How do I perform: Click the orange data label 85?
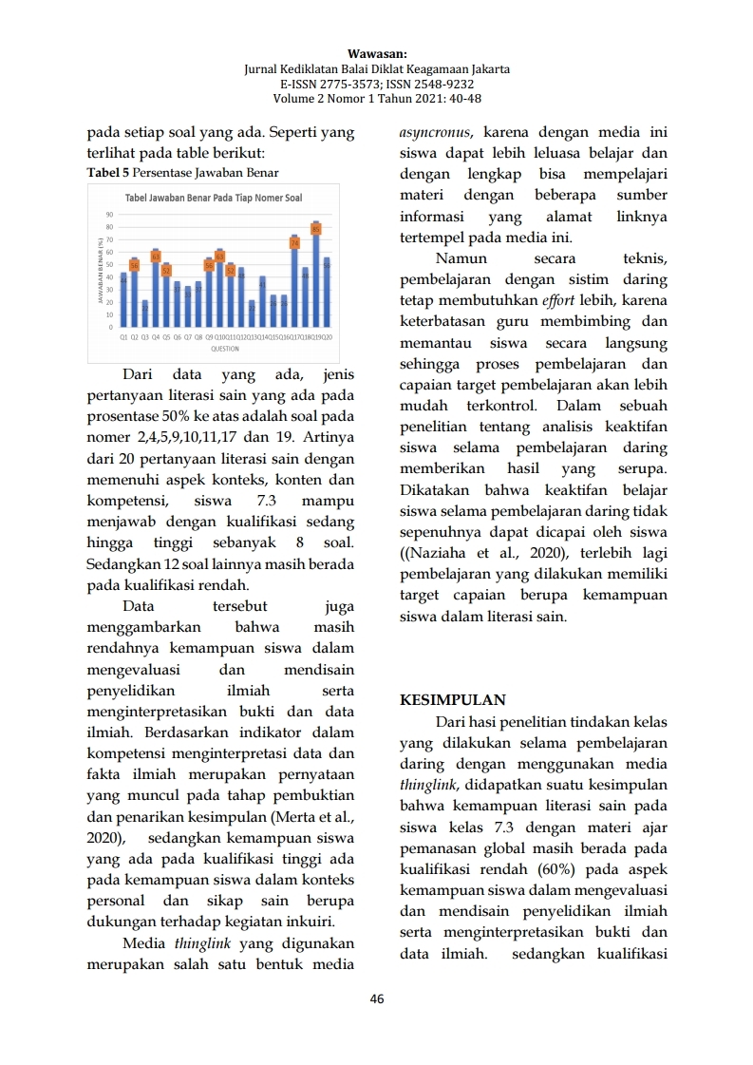coord(316,229)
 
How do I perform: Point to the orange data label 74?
coord(294,242)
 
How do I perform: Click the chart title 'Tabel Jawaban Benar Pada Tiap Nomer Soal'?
coord(215,198)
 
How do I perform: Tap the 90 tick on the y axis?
coord(110,216)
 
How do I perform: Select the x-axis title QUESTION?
coord(225,349)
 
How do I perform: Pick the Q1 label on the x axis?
coord(123,336)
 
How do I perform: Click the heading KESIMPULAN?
coord(453,701)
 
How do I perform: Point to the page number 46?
coord(377,998)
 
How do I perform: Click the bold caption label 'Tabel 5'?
coord(107,173)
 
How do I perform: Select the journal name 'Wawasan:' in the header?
coord(376,55)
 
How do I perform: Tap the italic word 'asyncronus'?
coord(438,132)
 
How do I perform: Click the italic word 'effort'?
coord(559,301)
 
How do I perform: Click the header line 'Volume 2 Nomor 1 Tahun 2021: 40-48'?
coord(376,98)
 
